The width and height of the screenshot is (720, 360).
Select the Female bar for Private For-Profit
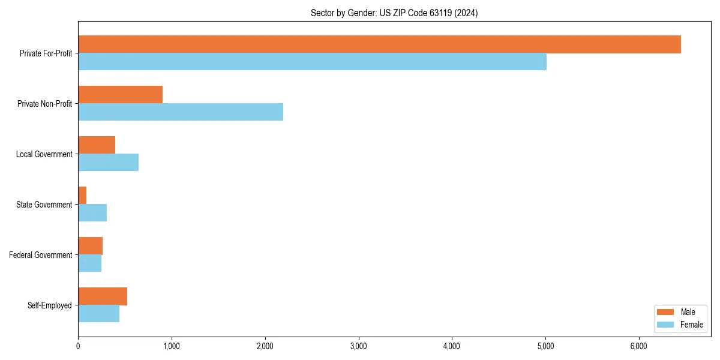312,62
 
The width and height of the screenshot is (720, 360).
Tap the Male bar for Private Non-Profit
120,95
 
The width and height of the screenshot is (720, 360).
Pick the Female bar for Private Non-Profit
181,112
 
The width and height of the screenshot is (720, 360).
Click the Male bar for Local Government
97,145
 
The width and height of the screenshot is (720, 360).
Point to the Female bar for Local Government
108,163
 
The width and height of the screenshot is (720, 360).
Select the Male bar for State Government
82,196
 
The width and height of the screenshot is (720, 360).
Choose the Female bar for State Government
92,213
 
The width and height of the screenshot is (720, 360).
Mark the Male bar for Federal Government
90,246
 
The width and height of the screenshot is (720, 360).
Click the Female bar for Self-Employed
98,314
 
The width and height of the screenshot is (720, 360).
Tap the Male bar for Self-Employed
103,296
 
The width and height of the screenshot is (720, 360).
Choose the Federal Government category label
41,255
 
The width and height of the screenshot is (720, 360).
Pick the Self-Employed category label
50,305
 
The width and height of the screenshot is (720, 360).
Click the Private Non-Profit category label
46,104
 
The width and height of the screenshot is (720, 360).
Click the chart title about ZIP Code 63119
394,13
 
